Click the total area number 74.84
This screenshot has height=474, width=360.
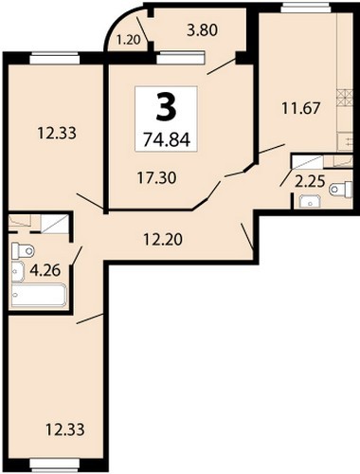(x=167, y=139)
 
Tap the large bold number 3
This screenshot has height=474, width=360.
(x=166, y=108)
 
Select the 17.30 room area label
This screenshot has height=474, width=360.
(x=157, y=178)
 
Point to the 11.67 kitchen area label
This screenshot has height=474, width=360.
(x=301, y=108)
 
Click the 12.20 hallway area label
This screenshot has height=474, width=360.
(x=163, y=239)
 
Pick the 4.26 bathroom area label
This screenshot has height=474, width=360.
(x=45, y=270)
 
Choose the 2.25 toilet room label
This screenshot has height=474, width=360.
(x=310, y=181)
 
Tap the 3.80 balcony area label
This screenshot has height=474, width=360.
(x=203, y=30)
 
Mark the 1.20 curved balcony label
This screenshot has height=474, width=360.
(x=128, y=40)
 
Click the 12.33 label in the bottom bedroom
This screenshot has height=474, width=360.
(x=65, y=429)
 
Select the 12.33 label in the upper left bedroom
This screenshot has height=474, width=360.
(x=57, y=133)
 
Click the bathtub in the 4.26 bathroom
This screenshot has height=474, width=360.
(x=39, y=295)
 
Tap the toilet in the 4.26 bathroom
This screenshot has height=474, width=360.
(x=23, y=251)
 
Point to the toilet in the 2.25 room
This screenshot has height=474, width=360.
(x=341, y=190)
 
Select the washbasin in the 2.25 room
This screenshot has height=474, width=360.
(x=310, y=201)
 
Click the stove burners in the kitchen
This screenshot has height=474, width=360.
(x=344, y=99)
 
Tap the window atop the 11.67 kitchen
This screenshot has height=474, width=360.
(x=305, y=8)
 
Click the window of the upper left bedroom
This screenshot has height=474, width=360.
(x=54, y=60)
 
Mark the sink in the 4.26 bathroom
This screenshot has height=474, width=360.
(x=18, y=271)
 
